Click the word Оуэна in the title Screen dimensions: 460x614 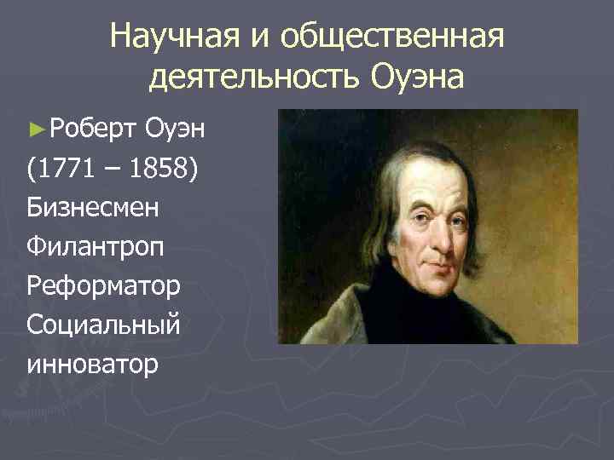tap(418, 78)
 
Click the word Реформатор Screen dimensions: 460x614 tap(103, 285)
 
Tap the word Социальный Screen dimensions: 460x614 tap(103, 325)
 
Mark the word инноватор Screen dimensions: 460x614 tap(93, 364)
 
